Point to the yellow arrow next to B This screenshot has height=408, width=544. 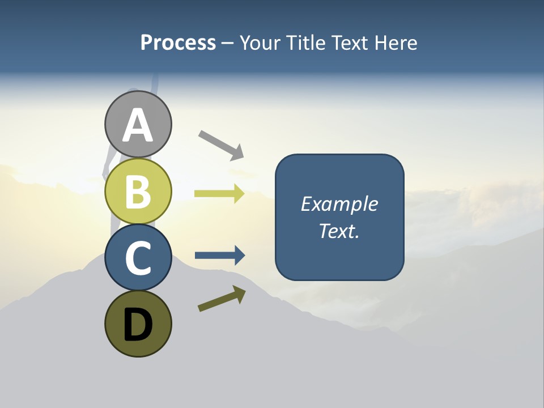point(219,194)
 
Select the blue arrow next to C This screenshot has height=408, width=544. point(220,256)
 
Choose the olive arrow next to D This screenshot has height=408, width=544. point(222,299)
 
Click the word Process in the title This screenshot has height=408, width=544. point(178,43)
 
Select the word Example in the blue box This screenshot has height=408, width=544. point(339,204)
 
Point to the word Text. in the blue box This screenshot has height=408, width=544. point(339,231)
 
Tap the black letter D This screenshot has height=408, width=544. point(138,326)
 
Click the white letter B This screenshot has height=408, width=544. point(138,192)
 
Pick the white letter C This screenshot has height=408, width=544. point(138,258)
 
